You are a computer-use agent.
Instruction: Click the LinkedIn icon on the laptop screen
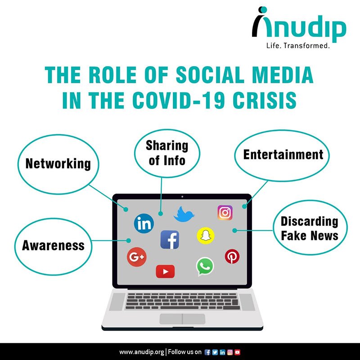144,223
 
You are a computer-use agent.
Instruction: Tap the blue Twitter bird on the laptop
184,214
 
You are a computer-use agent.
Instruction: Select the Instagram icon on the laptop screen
225,212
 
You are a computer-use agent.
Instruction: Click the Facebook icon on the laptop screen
170,240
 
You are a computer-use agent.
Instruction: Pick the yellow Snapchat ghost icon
206,235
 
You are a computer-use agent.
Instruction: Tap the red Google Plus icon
137,257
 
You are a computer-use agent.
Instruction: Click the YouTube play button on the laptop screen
165,271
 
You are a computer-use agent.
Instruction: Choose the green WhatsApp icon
205,266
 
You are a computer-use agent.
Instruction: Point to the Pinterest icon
232,256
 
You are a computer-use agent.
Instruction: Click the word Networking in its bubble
58,164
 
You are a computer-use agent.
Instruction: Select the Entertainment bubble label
283,154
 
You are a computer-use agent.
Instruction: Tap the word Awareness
53,245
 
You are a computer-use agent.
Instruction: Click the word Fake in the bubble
293,236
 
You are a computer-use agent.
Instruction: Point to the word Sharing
167,145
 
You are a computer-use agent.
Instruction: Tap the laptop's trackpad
182,319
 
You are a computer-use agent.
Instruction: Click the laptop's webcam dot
182,197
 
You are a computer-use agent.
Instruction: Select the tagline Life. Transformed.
298,45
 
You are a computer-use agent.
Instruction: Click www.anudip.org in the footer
142,352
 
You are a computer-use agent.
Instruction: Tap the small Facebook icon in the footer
207,352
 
